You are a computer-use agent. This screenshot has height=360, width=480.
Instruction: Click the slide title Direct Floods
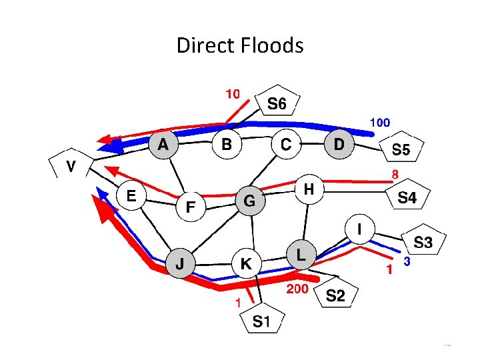click(240, 46)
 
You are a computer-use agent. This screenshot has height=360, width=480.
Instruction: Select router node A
click(163, 144)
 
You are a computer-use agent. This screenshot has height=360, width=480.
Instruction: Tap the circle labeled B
click(226, 144)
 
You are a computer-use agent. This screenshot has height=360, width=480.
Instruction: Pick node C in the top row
click(285, 144)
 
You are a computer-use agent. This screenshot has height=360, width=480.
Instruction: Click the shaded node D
click(339, 144)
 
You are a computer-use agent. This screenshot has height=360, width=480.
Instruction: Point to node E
click(131, 195)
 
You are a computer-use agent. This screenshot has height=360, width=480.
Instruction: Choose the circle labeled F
click(190, 207)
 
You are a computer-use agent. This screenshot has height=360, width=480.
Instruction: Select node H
click(308, 189)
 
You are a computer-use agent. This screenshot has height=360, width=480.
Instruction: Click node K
click(246, 264)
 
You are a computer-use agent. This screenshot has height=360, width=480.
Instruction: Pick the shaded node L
click(301, 255)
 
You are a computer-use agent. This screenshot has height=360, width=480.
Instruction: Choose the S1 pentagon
click(261, 322)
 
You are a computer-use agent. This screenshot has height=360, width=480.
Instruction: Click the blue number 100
click(380, 123)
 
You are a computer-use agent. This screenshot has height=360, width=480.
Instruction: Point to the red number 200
click(297, 289)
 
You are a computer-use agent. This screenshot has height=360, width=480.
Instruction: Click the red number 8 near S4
click(395, 174)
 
